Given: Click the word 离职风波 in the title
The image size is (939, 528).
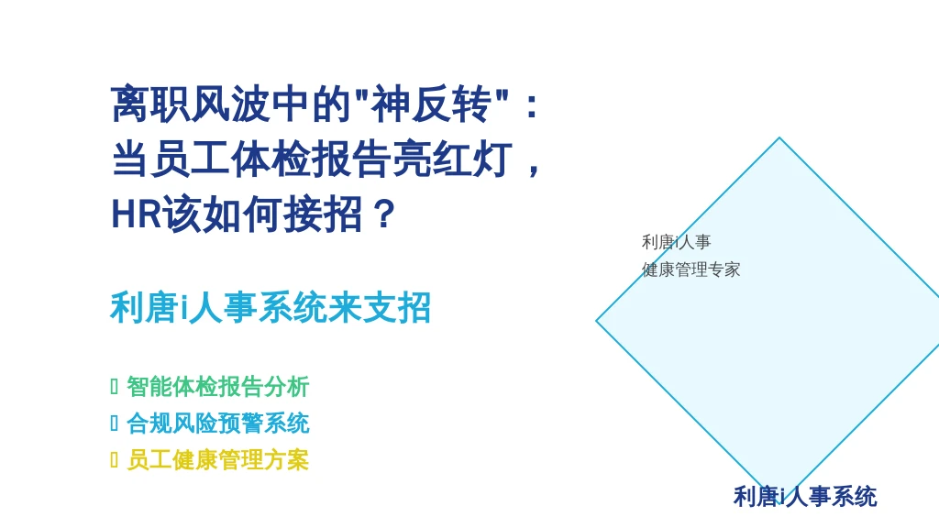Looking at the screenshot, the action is [x=191, y=104].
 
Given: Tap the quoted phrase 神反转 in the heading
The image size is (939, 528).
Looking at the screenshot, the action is [x=431, y=104].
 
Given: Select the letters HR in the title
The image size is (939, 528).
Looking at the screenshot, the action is [x=137, y=214].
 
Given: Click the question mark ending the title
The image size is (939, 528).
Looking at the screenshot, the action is [x=383, y=214].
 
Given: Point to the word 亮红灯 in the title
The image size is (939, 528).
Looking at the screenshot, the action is [x=452, y=159].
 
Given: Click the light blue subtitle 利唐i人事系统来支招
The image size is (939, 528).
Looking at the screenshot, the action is [x=271, y=308].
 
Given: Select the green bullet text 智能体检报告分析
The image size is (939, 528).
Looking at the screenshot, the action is [x=218, y=387].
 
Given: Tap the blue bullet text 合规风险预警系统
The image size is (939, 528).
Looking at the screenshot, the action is [x=218, y=423].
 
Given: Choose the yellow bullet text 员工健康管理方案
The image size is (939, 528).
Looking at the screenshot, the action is [x=218, y=460].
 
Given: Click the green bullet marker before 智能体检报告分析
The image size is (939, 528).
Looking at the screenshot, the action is [x=115, y=387].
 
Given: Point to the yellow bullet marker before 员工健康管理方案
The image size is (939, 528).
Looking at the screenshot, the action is [x=115, y=460].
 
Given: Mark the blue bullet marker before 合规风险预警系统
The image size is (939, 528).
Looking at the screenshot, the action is [x=115, y=423].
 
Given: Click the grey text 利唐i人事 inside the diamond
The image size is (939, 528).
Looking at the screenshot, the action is [x=676, y=242].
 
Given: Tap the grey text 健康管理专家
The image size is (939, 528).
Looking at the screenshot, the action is [x=691, y=269].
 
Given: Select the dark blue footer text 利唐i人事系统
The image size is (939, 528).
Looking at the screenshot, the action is [x=805, y=497].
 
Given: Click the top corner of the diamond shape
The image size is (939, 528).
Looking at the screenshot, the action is [x=779, y=137].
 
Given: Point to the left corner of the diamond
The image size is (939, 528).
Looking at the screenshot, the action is [x=596, y=321].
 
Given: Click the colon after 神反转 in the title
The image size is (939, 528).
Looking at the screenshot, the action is [x=531, y=106].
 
